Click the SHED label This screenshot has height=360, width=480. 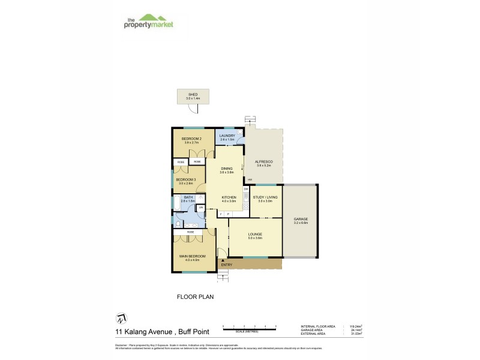193,94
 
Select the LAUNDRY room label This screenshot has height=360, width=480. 227,136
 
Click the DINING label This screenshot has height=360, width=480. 226,169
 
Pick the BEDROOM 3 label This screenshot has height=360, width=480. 185,179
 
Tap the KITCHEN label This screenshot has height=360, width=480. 229,197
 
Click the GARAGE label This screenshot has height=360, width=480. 301,220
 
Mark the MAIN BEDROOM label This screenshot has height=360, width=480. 192,256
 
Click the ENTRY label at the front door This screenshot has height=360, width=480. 226,265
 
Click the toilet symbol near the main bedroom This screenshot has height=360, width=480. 178,223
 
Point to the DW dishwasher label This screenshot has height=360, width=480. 246,189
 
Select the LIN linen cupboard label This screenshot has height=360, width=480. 201,208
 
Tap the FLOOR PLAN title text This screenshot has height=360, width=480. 195,296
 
